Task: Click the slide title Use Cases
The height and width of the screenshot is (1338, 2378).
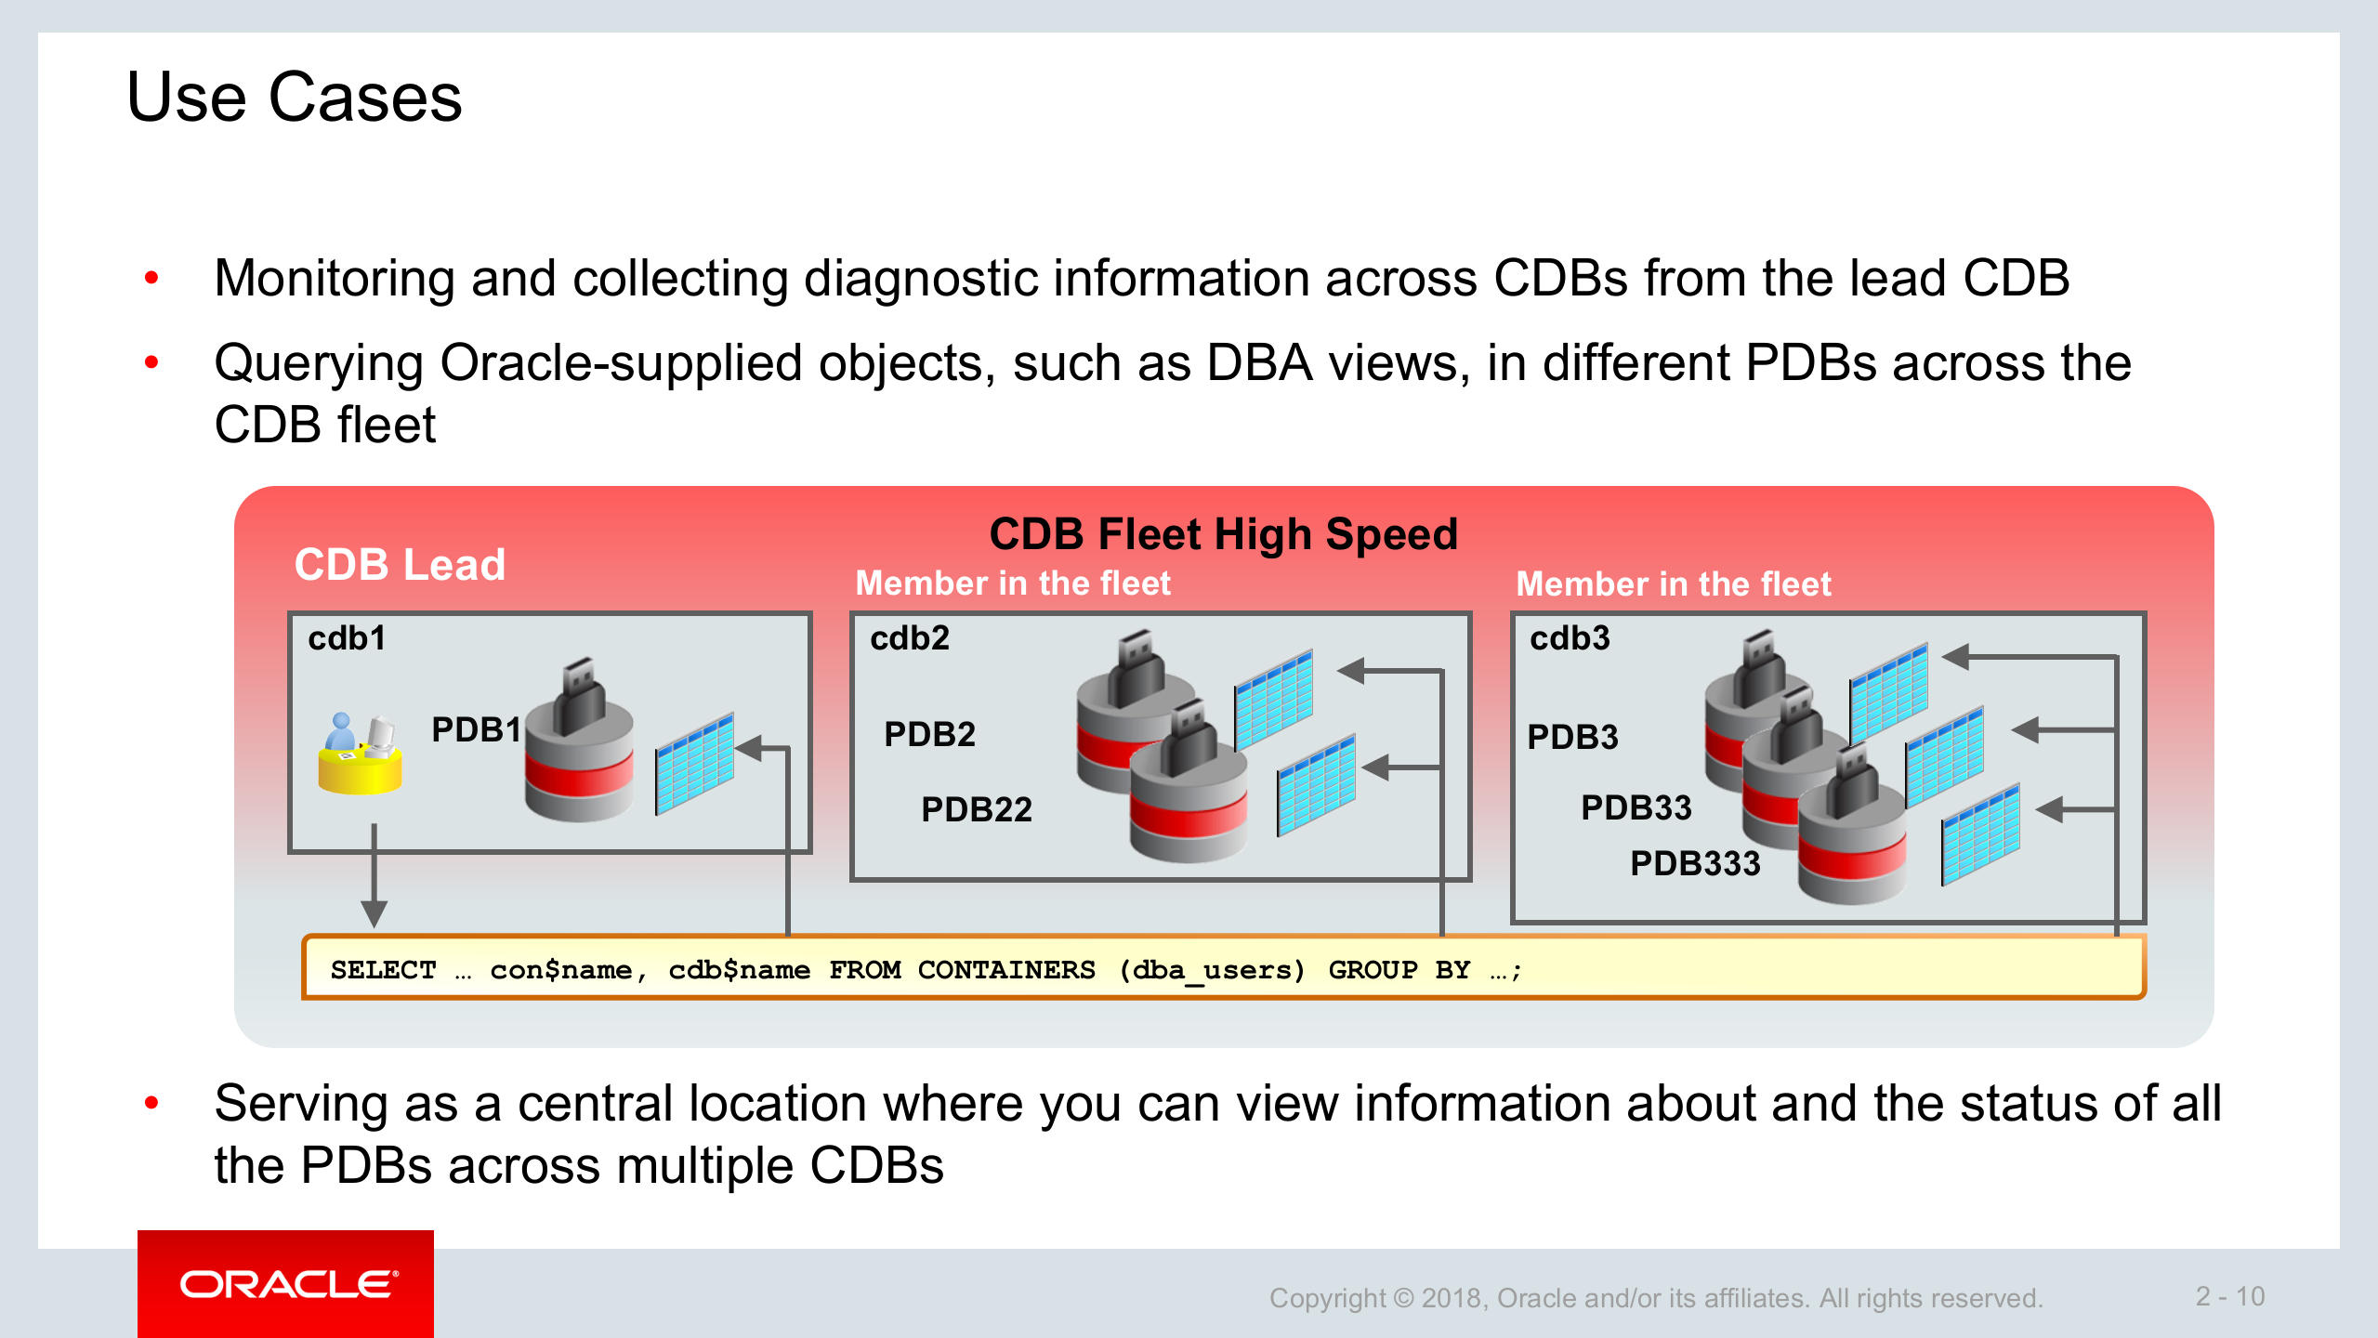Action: [294, 98]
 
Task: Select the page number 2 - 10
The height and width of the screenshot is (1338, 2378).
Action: [2229, 1296]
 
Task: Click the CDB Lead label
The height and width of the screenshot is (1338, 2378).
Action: [400, 564]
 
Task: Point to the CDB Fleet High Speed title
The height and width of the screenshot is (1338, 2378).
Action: [1223, 534]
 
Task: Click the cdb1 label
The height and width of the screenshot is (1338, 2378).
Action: [347, 638]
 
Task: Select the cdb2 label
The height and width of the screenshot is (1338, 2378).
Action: [910, 638]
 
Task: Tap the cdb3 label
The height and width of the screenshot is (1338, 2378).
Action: [1570, 638]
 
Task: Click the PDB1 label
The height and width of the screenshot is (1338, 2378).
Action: [476, 729]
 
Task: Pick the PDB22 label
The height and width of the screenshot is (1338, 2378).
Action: [977, 809]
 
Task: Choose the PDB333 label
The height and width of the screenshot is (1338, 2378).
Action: [1695, 863]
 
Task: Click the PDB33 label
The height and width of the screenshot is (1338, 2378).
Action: [1636, 807]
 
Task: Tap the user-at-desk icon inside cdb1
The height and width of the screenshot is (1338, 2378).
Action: [361, 753]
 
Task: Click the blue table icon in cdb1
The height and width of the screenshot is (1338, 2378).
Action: [694, 763]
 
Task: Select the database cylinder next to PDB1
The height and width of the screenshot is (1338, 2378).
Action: [579, 743]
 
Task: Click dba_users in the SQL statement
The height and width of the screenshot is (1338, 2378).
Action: [1212, 970]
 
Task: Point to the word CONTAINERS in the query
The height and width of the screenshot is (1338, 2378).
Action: [1006, 970]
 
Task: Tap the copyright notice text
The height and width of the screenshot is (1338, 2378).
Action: [1656, 1297]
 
